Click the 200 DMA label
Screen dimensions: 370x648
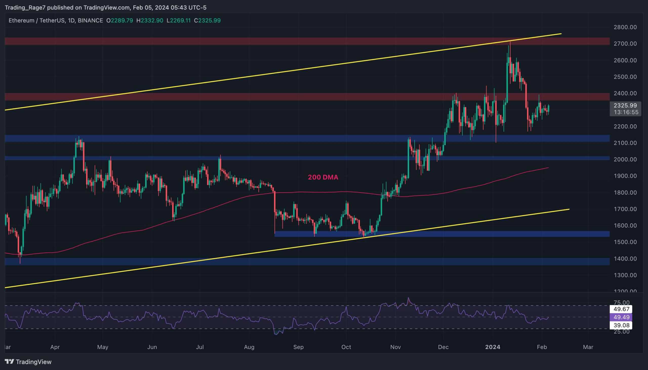coord(323,177)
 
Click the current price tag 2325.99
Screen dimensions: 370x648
coord(625,105)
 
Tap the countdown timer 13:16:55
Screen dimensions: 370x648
coord(626,112)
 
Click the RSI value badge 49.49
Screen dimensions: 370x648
coord(621,317)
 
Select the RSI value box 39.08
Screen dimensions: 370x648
coord(621,325)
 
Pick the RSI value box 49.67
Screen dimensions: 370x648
coord(621,309)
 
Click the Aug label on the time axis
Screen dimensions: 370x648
coord(249,347)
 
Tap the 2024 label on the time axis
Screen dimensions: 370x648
coord(493,347)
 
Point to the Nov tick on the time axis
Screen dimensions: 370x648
coord(395,347)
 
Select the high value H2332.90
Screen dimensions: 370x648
coord(150,20)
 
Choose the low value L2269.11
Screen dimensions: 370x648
coord(179,20)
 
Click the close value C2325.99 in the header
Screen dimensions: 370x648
coord(207,20)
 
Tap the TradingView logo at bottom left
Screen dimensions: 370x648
coord(28,362)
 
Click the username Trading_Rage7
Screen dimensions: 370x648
coord(25,8)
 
